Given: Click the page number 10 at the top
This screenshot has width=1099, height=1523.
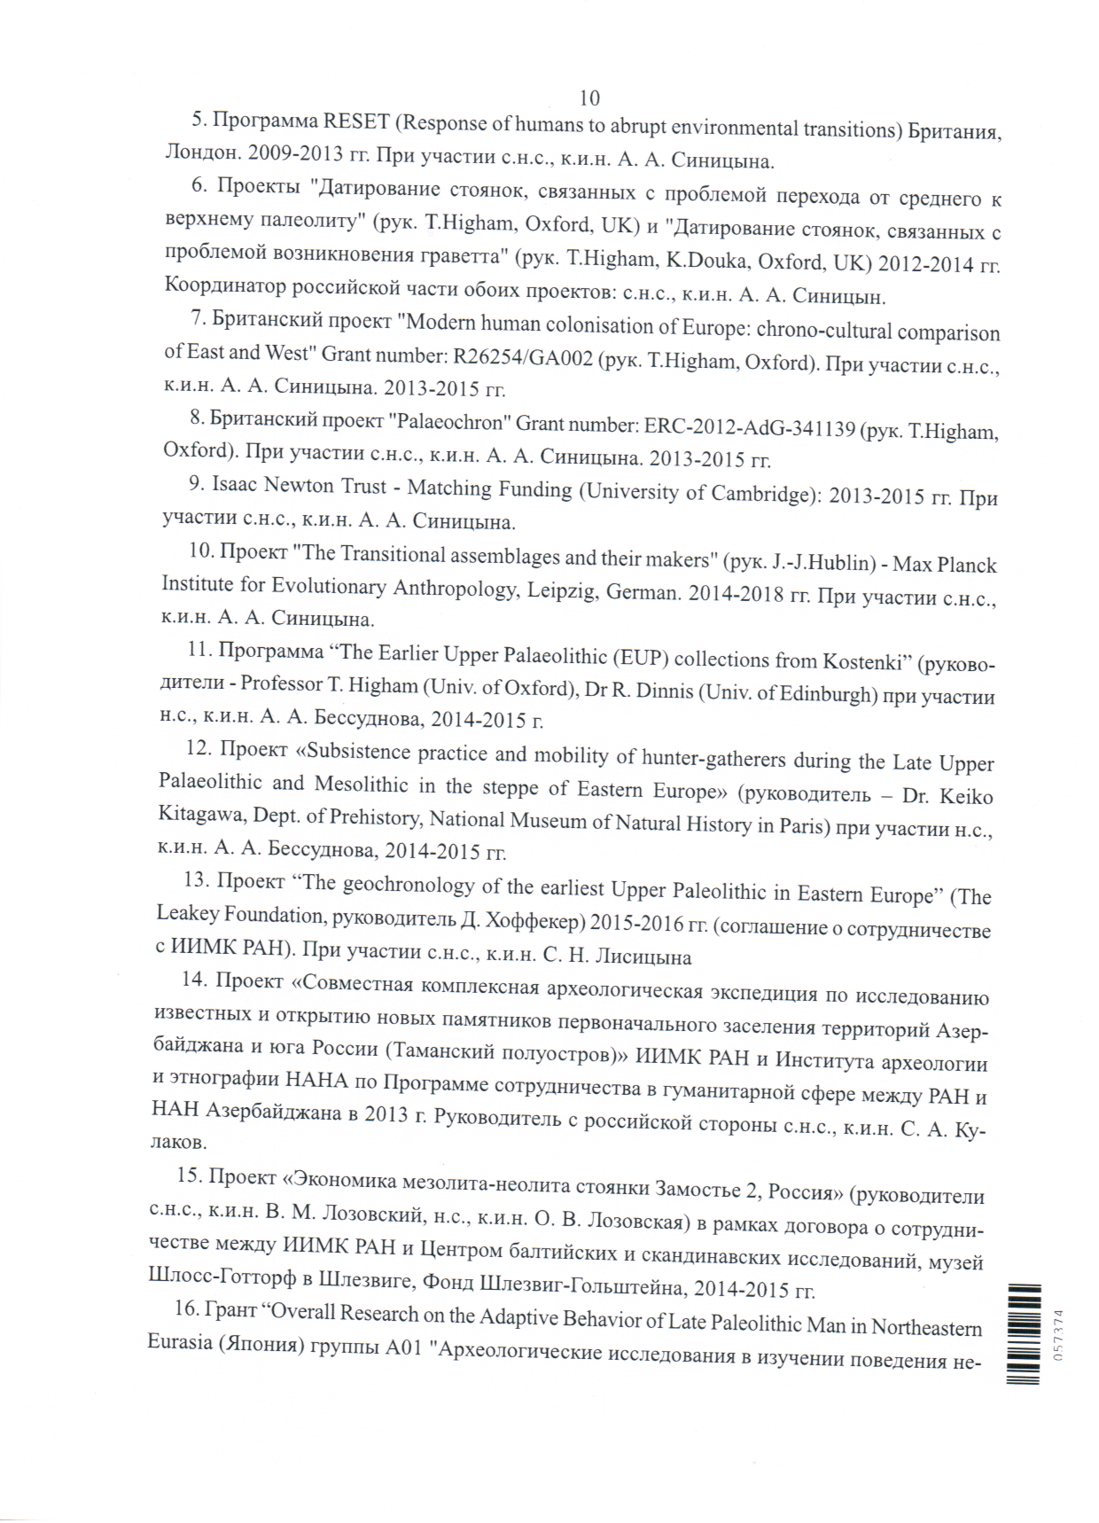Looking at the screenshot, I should tap(589, 98).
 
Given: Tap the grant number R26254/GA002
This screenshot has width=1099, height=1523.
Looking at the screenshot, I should tap(523, 357).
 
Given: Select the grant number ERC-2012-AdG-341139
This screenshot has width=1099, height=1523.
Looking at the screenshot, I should tap(749, 427).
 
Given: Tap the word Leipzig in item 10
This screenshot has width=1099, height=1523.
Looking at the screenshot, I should tap(561, 590).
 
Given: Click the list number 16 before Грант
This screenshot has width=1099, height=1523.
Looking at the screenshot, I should tap(186, 1308).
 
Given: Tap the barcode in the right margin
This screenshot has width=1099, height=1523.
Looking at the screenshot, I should tap(1025, 1333).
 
